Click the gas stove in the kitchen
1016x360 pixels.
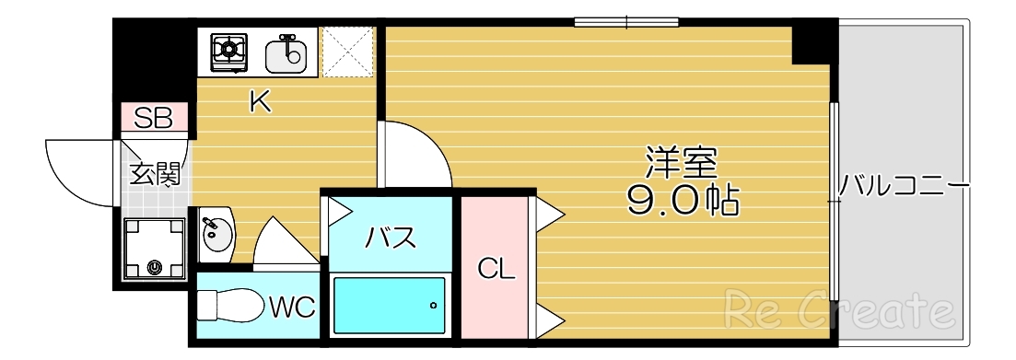pyautogui.click(x=229, y=52)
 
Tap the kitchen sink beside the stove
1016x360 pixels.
pyautogui.click(x=286, y=53)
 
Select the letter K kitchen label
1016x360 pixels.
pyautogui.click(x=261, y=102)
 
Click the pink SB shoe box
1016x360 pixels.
pyautogui.click(x=155, y=118)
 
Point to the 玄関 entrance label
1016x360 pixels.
pyautogui.click(x=154, y=174)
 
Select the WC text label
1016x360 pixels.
pyautogui.click(x=293, y=307)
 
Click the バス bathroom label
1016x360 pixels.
pyautogui.click(x=391, y=237)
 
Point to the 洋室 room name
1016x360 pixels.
pyautogui.click(x=682, y=164)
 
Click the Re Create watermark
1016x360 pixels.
pyautogui.click(x=837, y=311)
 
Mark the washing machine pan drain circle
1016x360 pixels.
pyautogui.click(x=155, y=268)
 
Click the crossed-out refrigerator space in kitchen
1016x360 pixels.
pyautogui.click(x=347, y=52)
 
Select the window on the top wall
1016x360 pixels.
pyautogui.click(x=626, y=21)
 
